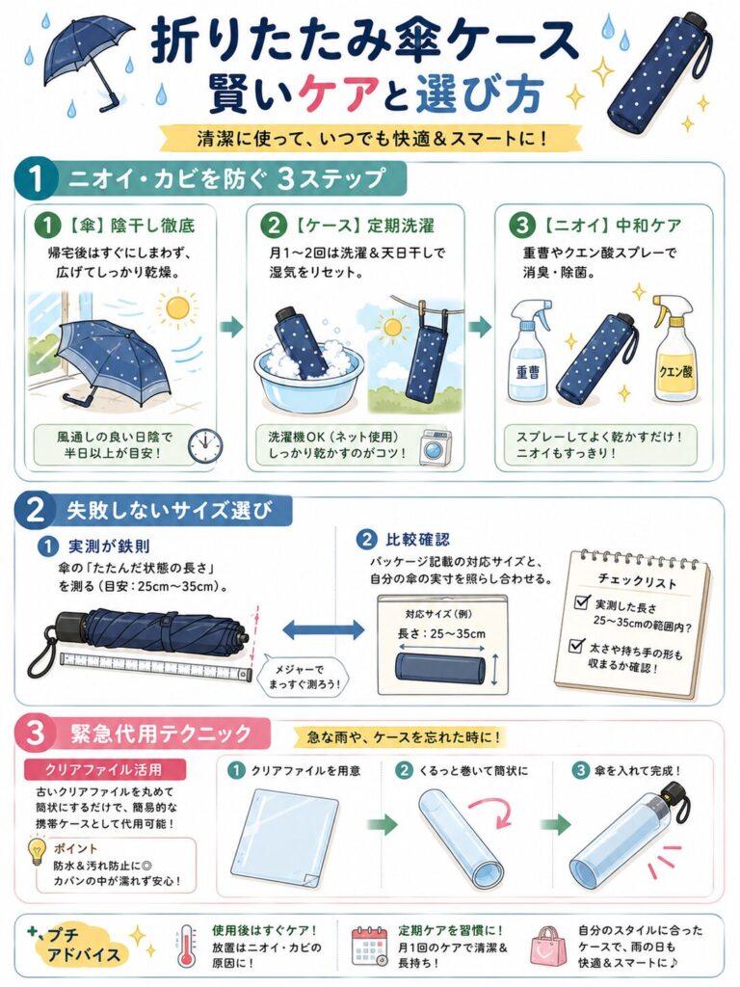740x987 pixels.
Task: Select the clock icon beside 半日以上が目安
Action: (x=205, y=446)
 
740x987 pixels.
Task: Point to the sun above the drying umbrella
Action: (x=177, y=307)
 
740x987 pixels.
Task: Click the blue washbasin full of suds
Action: (x=308, y=380)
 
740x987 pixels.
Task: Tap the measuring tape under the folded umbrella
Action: (x=155, y=667)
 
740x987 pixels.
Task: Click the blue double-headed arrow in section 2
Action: (x=324, y=629)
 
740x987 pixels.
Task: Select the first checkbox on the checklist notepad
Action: (x=582, y=602)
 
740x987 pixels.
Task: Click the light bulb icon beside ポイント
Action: (x=38, y=852)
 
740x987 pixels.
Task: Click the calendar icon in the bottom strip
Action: (x=369, y=946)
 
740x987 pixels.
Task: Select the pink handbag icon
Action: (x=548, y=947)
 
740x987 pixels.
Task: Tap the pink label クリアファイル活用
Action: (x=104, y=769)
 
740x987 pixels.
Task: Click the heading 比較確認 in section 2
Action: (x=418, y=540)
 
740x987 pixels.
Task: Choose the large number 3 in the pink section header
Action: (x=36, y=734)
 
